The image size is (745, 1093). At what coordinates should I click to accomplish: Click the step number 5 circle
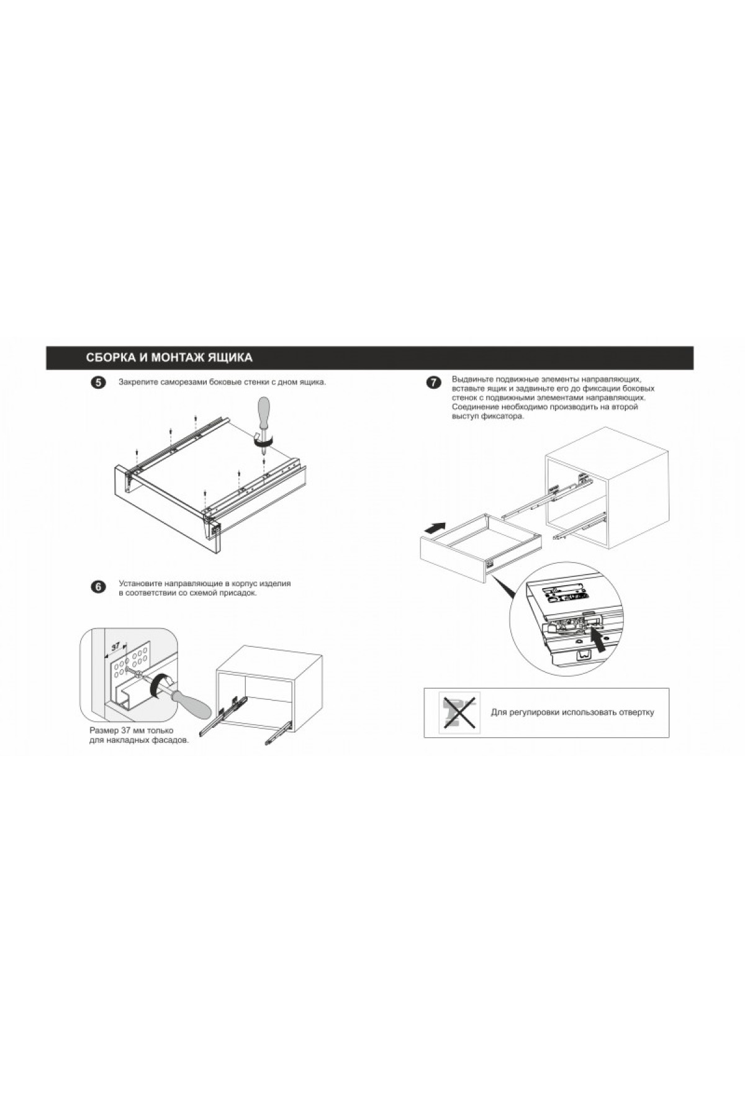point(97,383)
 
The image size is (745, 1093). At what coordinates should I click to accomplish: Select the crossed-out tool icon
point(460,712)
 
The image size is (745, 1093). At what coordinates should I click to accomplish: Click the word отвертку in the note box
point(633,712)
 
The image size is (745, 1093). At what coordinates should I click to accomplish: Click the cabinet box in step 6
point(268,689)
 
